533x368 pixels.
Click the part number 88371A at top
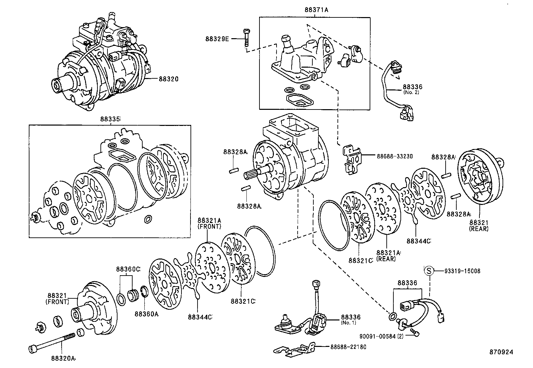coord(316,10)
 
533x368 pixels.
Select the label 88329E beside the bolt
coord(217,39)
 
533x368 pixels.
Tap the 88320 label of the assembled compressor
coord(168,79)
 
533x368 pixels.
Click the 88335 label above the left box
coord(110,119)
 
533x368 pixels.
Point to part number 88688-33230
coord(394,156)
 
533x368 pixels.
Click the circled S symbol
coord(429,271)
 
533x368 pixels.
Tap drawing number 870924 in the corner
coord(501,352)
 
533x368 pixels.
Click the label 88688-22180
coord(348,347)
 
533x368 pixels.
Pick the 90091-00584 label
coord(378,336)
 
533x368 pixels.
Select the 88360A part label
coord(146,314)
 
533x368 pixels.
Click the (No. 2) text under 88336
coord(412,92)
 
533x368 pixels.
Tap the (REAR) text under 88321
coord(479,229)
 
